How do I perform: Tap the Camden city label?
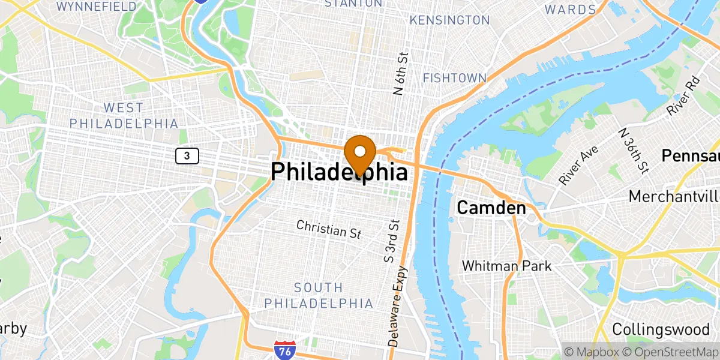pos(491,208)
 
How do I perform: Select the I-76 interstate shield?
pos(283,349)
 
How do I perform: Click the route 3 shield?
pos(187,156)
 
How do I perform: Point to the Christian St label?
pos(329,229)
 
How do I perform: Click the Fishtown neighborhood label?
pos(454,78)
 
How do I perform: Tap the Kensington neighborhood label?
pos(449,20)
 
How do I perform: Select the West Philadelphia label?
pos(124,115)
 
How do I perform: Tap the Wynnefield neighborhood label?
pos(97,7)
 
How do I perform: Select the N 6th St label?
pos(401,73)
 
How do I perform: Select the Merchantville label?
pos(674,196)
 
